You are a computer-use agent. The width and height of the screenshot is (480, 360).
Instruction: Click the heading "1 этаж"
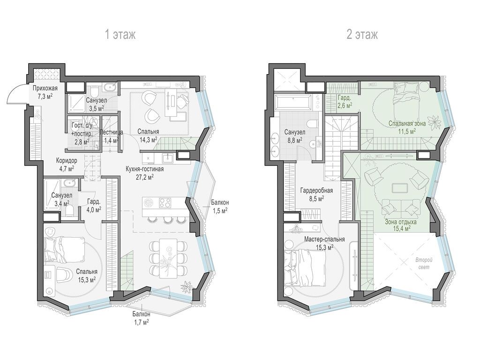tap(120, 35)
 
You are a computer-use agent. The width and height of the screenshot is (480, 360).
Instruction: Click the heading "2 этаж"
tap(362, 35)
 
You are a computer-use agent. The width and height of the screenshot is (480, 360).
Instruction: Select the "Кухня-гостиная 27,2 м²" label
tap(144, 173)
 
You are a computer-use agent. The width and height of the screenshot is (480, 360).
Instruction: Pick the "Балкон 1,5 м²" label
tap(219, 206)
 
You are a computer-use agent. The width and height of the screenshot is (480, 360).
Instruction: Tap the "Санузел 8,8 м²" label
tap(292, 135)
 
